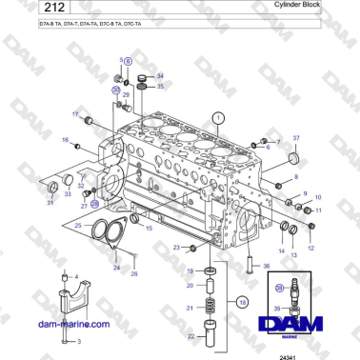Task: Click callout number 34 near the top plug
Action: pos(159,75)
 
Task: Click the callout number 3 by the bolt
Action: pos(77,340)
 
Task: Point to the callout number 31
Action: pos(50,201)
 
